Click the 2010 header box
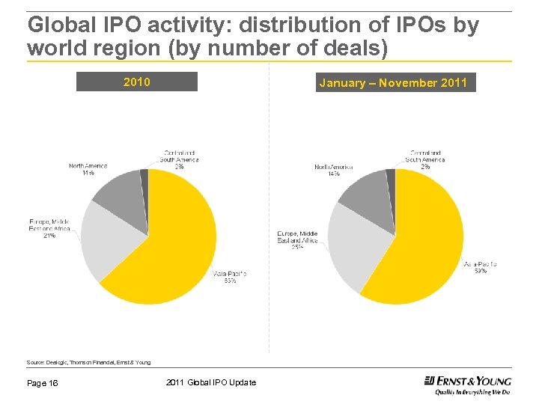coord(136,82)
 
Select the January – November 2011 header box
coord(393,82)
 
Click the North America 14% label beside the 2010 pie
coord(88,169)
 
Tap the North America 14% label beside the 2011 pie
coord(333,170)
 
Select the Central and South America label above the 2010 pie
coord(180,159)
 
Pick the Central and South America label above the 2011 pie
coord(425,159)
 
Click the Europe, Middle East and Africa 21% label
coord(49,228)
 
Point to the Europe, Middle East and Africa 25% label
coord(298,240)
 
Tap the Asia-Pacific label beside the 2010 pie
coord(230,277)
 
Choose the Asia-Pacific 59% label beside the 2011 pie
coord(480,267)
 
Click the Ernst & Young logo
coord(467,385)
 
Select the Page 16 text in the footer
coord(43,383)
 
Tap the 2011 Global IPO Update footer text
coord(210,383)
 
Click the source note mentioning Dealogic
coord(88,362)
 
